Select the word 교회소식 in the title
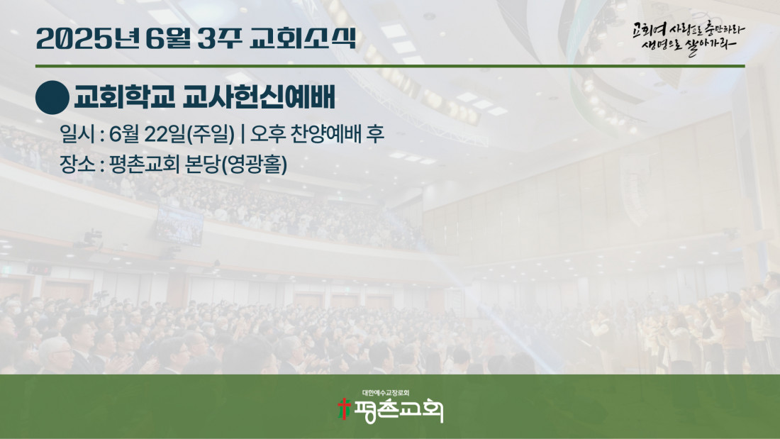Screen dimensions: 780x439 (303, 38)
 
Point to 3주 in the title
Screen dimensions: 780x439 (219, 38)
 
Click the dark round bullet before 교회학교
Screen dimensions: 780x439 (52, 98)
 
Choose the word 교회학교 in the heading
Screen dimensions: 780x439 (124, 96)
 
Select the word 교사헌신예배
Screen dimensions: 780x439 (259, 96)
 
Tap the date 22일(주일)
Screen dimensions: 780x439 (189, 134)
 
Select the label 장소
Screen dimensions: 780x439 (77, 164)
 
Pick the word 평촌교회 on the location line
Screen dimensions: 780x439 (144, 164)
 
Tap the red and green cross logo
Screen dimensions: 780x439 (344, 409)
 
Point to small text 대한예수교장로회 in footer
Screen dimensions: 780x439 (386, 393)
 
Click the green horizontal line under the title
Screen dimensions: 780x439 (390, 66)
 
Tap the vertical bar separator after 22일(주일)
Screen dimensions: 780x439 (243, 134)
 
